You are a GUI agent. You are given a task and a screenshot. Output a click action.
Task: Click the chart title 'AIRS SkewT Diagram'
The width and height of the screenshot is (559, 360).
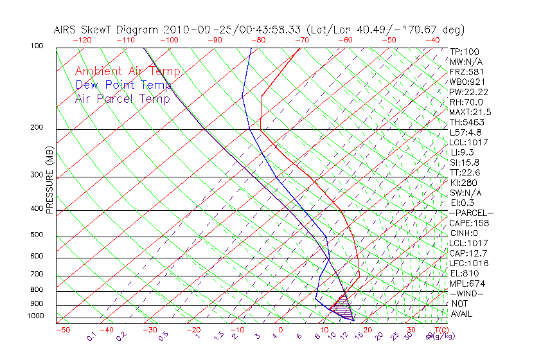tap(107, 30)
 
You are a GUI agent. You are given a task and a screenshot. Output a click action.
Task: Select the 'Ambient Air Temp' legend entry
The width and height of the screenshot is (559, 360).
tap(128, 71)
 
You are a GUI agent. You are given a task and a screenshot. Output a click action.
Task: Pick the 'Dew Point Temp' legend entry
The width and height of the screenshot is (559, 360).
tap(123, 85)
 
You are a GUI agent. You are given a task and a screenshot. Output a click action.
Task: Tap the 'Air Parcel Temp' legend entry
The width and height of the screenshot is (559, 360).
tap(123, 98)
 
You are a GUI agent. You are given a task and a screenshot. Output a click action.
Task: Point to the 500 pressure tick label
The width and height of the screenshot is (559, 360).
tap(37, 235)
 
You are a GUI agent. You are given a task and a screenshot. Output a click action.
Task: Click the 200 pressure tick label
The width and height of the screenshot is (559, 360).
tap(37, 128)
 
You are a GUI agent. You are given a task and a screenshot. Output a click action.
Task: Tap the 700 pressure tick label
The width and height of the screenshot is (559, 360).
tap(37, 274)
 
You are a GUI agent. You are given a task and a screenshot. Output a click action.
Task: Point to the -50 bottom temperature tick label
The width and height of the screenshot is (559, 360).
tap(62, 330)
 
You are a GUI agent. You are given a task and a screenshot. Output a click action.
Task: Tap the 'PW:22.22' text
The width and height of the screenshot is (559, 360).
tap(468, 92)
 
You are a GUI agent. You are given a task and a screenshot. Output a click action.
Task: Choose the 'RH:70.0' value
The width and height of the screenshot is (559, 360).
tap(466, 102)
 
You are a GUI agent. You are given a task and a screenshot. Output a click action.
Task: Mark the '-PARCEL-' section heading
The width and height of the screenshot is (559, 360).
tap(471, 213)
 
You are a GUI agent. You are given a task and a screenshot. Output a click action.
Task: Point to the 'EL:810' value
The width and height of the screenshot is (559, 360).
tap(464, 273)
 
